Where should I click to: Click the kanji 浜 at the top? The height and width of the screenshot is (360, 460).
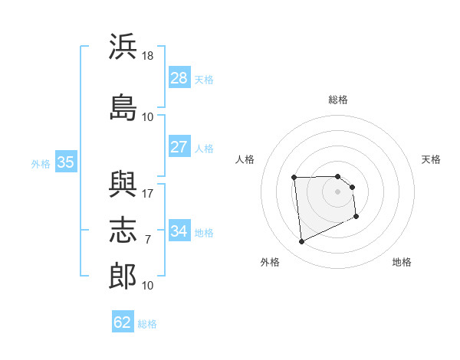[123, 46]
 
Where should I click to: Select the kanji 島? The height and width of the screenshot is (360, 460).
[123, 107]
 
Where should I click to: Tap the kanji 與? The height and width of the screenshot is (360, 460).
[123, 184]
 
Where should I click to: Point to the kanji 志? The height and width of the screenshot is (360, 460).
[123, 230]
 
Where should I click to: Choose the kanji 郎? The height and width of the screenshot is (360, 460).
[123, 276]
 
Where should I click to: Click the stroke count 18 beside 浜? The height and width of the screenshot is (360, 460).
[147, 56]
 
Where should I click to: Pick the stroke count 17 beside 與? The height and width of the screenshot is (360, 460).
[147, 194]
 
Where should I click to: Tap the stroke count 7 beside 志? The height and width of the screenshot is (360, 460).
[148, 240]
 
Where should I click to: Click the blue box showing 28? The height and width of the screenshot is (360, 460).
[179, 77]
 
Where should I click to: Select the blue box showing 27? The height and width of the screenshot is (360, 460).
[179, 146]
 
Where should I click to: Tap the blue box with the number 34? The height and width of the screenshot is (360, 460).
[179, 230]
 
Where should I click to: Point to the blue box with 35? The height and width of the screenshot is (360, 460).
[66, 162]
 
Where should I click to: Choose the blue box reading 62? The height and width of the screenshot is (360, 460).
[123, 321]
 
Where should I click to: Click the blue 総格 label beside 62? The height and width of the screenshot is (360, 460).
[147, 324]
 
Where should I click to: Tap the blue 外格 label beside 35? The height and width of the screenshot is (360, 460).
[41, 164]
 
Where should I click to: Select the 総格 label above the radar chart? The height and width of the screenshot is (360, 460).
[338, 100]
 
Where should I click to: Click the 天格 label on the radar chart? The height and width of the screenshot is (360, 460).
[431, 159]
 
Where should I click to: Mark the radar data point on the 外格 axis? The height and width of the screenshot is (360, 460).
[301, 241]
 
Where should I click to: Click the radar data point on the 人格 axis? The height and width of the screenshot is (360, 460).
[294, 178]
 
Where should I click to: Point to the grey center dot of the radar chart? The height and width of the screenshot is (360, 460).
[337, 191]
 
